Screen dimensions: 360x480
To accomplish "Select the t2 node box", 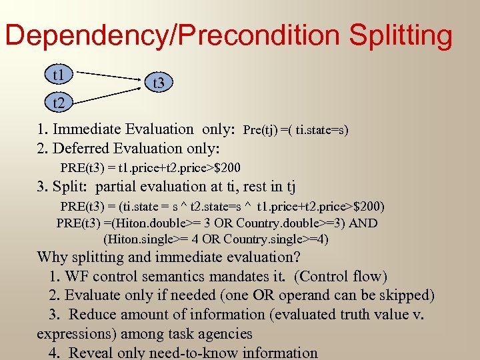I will (59, 103).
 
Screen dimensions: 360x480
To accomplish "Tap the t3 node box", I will (159, 83).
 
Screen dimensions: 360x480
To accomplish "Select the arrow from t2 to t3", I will (108, 93).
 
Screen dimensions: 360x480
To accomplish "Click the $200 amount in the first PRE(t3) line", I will (227, 167).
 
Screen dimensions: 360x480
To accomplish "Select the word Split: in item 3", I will (72, 187).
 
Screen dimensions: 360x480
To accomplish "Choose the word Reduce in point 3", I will (93, 314).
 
